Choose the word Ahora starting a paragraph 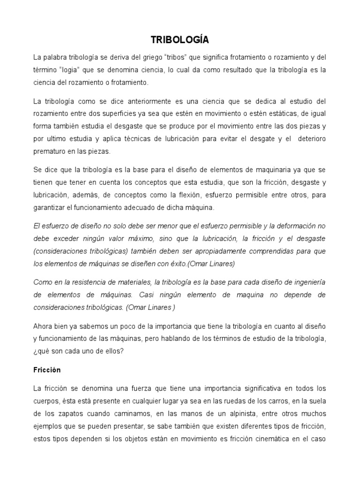click(x=43, y=326)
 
